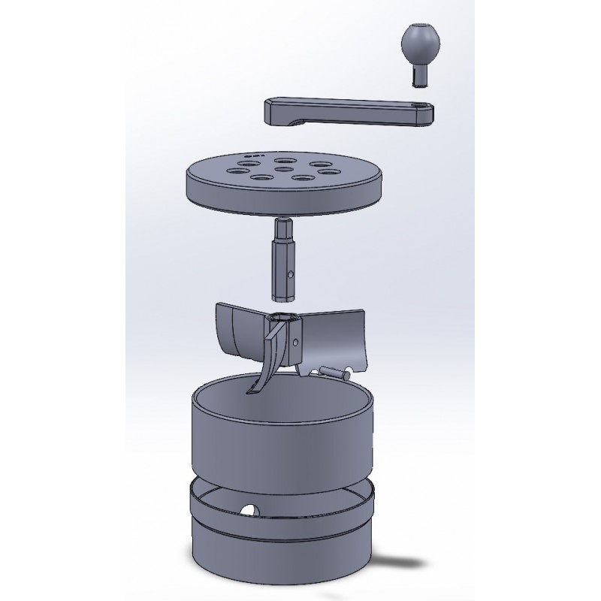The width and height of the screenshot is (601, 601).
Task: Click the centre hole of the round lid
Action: pyautogui.click(x=284, y=169)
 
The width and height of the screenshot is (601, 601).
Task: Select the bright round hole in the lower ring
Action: pyautogui.click(x=248, y=511)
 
